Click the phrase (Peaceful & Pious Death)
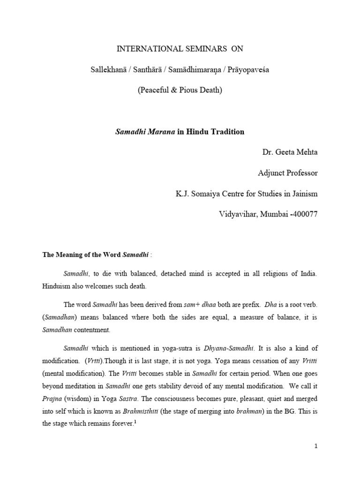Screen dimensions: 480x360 point(180,90)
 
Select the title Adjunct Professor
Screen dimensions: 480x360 point(288,173)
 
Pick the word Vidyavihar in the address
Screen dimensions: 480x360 point(238,214)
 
